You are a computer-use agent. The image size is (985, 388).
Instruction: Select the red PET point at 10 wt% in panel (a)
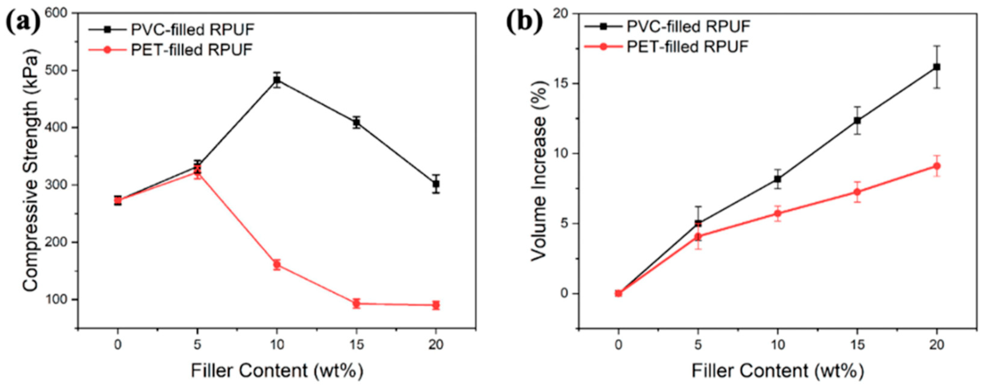point(277,264)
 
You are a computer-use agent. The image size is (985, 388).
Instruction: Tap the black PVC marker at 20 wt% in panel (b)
point(937,67)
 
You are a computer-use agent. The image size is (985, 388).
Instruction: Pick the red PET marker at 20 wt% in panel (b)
point(937,166)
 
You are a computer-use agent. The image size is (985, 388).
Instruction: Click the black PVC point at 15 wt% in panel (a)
point(356,122)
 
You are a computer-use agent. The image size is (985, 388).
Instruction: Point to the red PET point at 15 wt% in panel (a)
point(356,304)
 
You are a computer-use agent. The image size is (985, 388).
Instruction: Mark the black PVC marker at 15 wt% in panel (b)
point(857,121)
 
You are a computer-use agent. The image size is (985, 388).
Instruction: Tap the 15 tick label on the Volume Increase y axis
point(560,83)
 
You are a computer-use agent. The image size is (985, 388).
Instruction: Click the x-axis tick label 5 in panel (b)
point(698,345)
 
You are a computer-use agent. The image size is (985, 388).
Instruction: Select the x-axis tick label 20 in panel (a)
point(436,345)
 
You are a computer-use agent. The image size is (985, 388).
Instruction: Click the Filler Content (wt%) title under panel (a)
point(277,371)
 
